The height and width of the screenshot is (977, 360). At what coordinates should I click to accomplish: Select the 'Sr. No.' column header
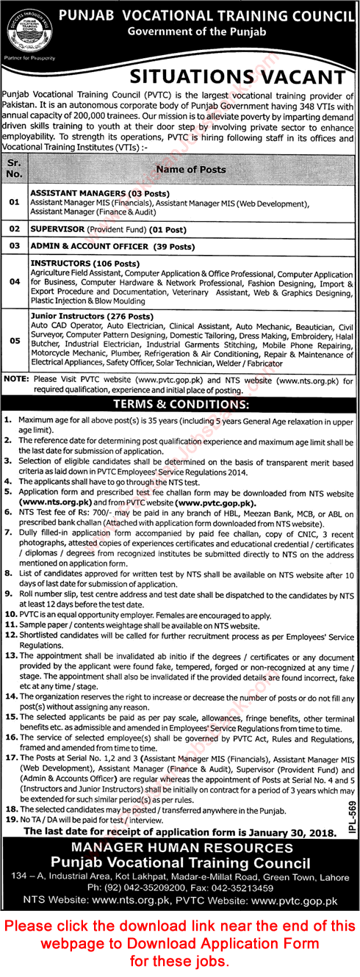point(15,170)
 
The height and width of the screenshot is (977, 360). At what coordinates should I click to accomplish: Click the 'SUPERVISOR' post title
point(57,229)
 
